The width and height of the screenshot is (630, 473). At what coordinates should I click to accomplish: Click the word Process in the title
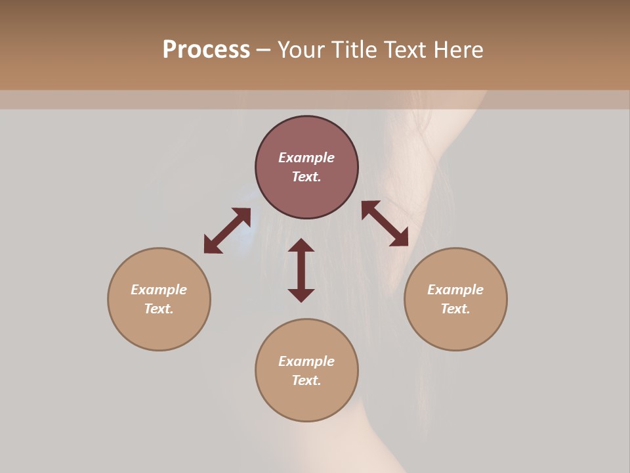(x=206, y=50)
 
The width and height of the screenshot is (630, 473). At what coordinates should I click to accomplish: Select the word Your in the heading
(x=301, y=50)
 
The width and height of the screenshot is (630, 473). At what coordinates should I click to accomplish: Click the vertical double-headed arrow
(x=301, y=270)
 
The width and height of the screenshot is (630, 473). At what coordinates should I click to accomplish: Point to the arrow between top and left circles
(x=227, y=231)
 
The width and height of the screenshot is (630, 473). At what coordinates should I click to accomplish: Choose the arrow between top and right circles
(x=385, y=223)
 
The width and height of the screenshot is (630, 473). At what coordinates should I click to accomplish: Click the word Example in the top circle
(x=306, y=158)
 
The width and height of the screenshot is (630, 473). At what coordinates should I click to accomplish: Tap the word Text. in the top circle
(x=306, y=177)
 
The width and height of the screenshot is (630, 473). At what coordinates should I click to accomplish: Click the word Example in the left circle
(x=159, y=290)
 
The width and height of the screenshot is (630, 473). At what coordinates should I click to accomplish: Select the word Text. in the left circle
(x=159, y=309)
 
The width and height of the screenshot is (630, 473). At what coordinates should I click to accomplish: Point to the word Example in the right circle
(x=455, y=290)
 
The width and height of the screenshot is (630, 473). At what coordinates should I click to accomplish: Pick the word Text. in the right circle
(x=455, y=309)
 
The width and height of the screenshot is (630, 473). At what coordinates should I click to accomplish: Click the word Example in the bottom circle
(x=306, y=361)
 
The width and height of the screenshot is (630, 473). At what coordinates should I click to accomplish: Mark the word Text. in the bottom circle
(x=306, y=380)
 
